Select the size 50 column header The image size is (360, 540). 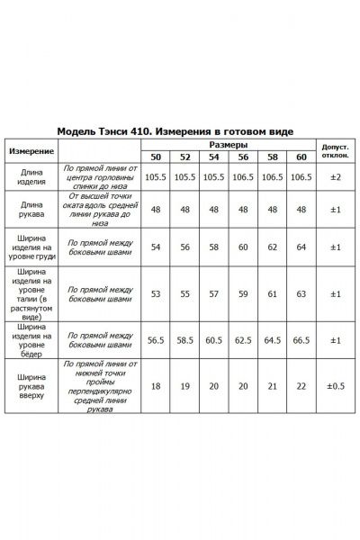click(157, 157)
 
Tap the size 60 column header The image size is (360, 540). click(301, 157)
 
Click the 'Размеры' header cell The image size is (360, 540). click(229, 144)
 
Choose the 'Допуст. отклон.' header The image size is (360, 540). click(335, 150)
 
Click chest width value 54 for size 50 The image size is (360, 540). click(157, 246)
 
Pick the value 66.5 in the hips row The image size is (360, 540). click(301, 340)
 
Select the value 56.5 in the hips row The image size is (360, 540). click(157, 340)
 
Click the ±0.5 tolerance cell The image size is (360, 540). click(335, 385)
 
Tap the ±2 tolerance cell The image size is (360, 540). click(335, 177)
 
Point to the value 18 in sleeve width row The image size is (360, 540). click(157, 385)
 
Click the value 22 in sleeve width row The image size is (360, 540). click(301, 385)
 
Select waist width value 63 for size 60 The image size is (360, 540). click(301, 293)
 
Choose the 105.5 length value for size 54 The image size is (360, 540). click(214, 177)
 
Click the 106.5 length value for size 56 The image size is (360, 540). click(243, 177)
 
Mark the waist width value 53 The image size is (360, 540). click(157, 293)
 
